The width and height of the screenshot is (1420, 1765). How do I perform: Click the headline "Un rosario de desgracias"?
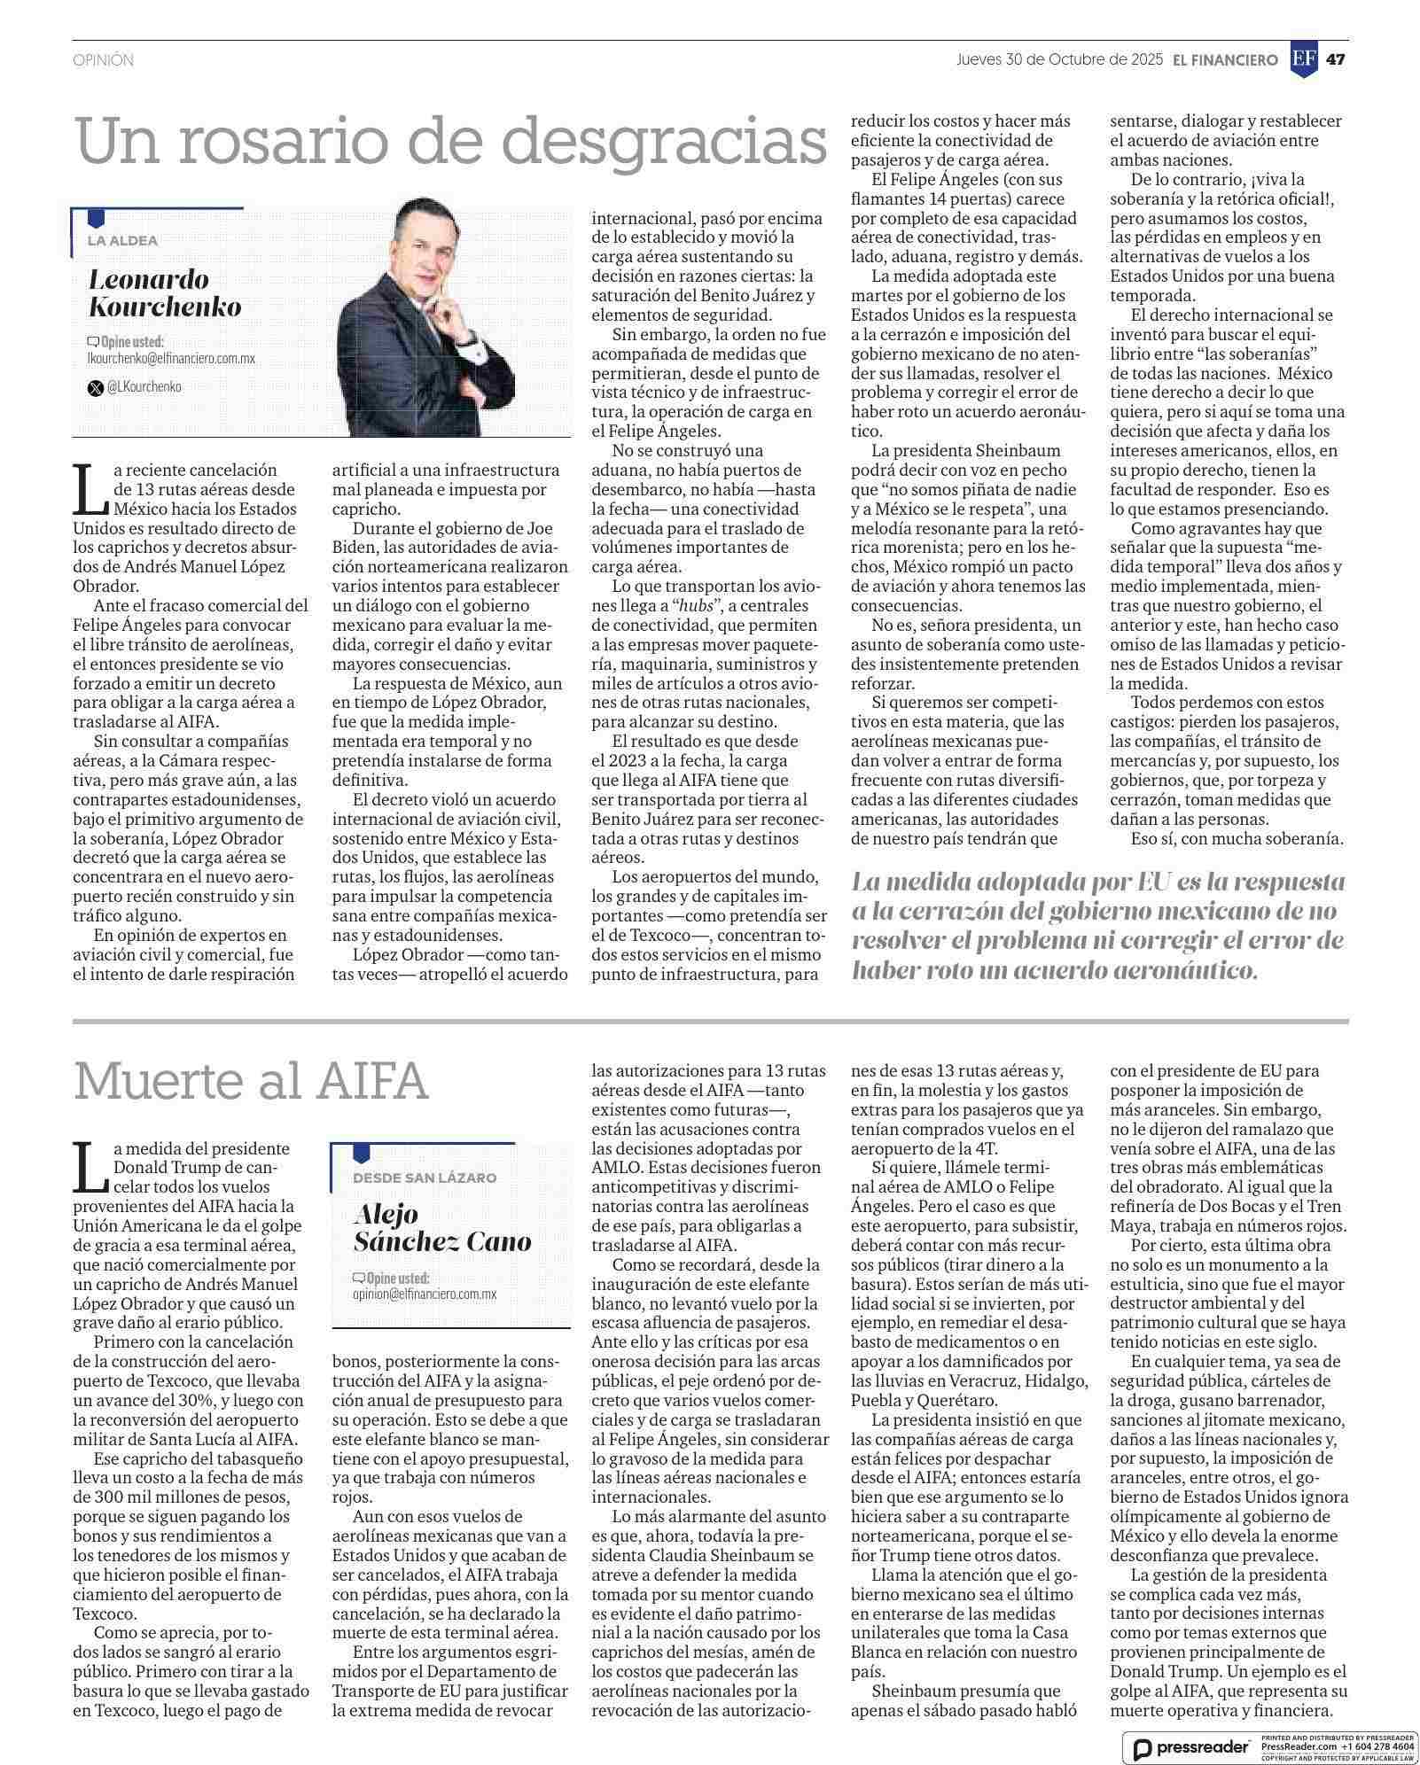pos(450,142)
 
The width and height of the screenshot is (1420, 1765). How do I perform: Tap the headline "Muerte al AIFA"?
pos(251,1080)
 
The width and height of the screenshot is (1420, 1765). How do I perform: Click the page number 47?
pos(1336,59)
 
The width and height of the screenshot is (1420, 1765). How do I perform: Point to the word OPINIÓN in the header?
pos(103,60)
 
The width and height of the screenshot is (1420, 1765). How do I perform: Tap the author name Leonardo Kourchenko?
pos(165,293)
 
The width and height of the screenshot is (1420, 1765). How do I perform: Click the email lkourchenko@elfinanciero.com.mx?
pos(171,358)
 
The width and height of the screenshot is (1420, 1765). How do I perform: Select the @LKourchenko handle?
pos(144,387)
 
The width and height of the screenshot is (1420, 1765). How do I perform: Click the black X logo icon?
pos(95,387)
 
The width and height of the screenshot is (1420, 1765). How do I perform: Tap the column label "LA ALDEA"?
pos(122,241)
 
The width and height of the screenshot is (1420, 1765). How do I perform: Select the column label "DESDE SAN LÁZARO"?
pos(425,1178)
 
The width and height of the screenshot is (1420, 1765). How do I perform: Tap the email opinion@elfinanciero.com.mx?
pos(425,1294)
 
